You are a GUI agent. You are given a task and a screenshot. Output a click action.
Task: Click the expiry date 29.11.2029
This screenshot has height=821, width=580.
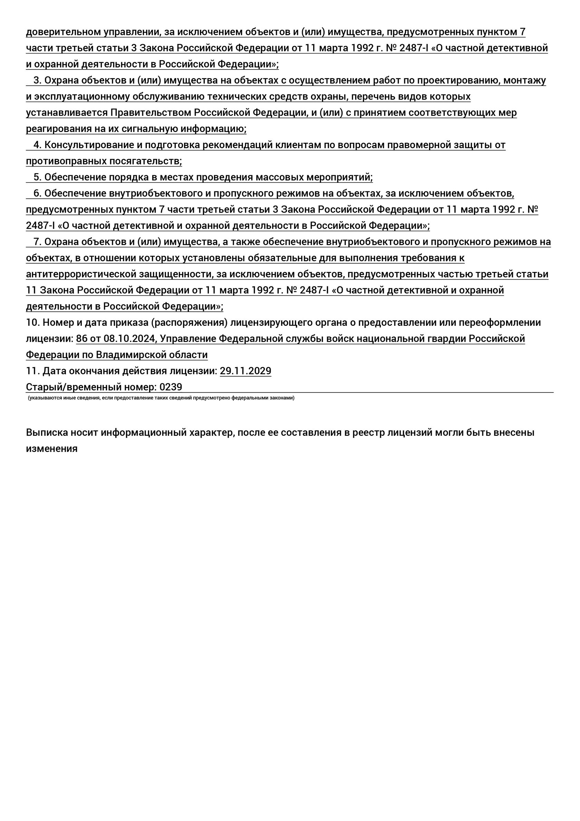coord(245,371)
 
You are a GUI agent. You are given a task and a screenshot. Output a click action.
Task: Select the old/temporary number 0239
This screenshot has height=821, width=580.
coord(171,387)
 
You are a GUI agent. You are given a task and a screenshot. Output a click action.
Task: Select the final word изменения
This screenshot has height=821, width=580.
coord(51,449)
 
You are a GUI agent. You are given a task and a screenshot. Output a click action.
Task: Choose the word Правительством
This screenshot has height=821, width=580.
coord(151,113)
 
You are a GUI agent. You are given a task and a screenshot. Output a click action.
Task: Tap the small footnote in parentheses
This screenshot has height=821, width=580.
coord(161,398)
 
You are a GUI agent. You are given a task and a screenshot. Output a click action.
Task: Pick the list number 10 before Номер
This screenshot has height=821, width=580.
coord(32,322)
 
